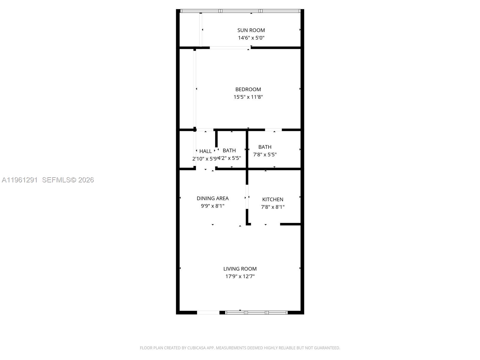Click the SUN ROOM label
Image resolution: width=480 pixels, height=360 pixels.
[x=251, y=30]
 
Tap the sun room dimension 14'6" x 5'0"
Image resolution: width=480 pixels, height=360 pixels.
[x=251, y=38]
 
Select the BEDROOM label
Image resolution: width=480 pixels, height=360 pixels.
[x=248, y=89]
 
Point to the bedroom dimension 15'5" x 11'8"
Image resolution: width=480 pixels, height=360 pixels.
[x=248, y=97]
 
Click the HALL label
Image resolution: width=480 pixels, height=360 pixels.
[x=205, y=151]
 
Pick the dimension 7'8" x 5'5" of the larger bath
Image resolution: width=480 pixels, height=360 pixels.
[x=265, y=154]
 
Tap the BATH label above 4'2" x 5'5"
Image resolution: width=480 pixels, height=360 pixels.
[x=229, y=151]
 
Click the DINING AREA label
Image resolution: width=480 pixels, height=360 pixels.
[x=212, y=198]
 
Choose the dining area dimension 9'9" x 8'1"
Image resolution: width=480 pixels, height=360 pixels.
[x=212, y=206]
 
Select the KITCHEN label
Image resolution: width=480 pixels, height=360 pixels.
[x=273, y=199]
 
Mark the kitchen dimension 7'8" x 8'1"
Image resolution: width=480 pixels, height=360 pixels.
[x=273, y=207]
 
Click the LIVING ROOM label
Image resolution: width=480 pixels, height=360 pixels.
[x=240, y=269]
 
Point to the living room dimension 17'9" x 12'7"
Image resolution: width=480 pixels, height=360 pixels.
[x=240, y=276]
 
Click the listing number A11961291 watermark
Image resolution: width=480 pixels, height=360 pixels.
[x=20, y=180]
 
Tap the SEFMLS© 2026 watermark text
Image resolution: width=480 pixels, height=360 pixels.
[x=68, y=180]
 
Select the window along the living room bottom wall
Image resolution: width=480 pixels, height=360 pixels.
[x=256, y=313]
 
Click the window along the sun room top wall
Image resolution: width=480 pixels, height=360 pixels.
[x=240, y=11]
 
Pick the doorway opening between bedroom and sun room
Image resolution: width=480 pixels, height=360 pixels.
[x=230, y=48]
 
